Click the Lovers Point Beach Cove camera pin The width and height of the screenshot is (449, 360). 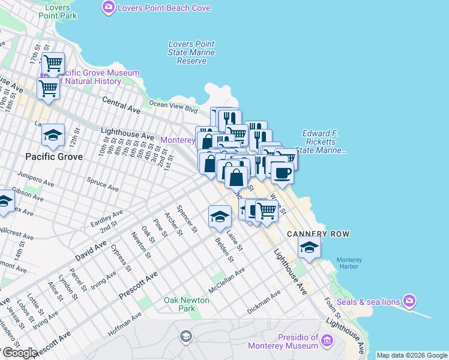coord(109,8)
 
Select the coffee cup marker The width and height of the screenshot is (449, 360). coord(282,173)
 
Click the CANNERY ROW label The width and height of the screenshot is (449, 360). coord(318,233)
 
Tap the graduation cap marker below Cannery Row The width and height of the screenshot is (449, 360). coord(309,247)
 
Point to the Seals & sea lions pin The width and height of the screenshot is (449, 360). coord(409,300)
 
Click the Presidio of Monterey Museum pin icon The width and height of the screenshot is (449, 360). coord(327,341)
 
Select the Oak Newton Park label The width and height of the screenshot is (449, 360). coord(187,304)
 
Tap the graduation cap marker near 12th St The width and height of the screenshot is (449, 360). coord(53,136)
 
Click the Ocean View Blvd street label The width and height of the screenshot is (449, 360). coord(173,107)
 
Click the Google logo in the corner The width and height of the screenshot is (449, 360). coord(19,353)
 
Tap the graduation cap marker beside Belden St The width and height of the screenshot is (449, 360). coord(220,217)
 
